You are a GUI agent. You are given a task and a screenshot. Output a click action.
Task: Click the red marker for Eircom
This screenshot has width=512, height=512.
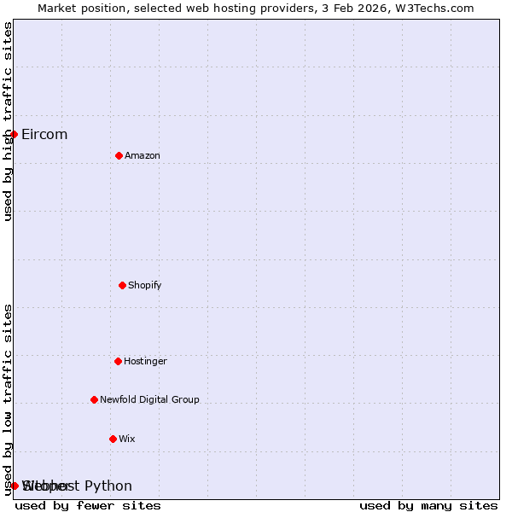[14, 134]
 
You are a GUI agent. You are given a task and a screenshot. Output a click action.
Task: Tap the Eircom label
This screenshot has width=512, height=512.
[44, 134]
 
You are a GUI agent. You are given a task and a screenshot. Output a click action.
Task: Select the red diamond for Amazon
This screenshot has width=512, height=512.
[119, 155]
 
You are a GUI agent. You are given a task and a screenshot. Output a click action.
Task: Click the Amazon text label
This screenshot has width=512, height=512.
[143, 155]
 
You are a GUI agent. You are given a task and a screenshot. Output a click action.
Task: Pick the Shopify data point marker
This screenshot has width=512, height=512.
[122, 285]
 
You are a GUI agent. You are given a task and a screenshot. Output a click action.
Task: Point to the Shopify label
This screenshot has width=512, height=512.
[145, 285]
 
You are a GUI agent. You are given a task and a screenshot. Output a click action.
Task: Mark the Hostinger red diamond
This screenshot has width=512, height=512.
[118, 361]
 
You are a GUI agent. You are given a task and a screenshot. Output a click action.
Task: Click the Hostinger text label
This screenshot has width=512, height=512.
[146, 361]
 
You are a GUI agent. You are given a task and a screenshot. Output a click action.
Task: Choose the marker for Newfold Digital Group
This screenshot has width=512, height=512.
[94, 399]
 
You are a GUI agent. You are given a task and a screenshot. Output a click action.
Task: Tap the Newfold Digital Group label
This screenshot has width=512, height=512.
[149, 399]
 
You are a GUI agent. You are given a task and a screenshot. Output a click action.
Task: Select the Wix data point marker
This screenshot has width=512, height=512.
[113, 439]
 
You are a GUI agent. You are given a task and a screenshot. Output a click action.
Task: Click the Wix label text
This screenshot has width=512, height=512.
[127, 439]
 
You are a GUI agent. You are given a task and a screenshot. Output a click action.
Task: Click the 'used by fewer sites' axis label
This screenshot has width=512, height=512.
[88, 505]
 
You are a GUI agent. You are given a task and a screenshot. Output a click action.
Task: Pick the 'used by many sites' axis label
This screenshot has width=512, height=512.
[428, 505]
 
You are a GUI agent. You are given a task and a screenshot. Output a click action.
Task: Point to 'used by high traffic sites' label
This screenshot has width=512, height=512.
[8, 121]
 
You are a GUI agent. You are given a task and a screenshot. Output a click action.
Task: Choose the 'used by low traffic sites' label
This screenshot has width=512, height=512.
[8, 399]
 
